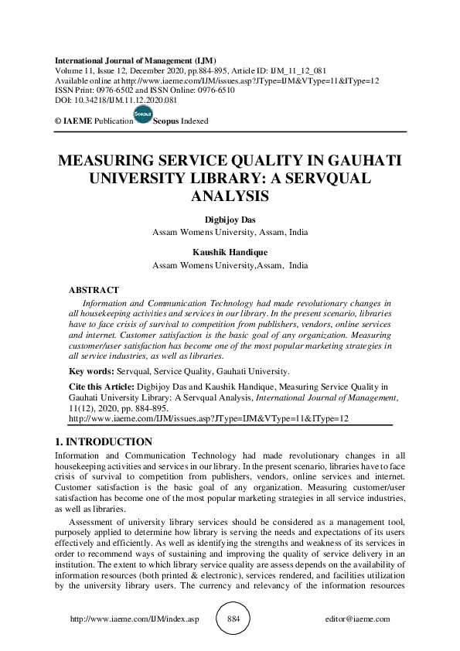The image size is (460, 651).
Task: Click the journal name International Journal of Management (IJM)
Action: click(x=135, y=60)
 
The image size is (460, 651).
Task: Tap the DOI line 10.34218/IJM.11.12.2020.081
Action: click(x=115, y=100)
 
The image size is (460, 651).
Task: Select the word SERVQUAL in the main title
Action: click(x=318, y=179)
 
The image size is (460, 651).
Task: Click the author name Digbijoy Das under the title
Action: click(x=230, y=220)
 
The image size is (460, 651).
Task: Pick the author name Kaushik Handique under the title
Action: click(x=230, y=252)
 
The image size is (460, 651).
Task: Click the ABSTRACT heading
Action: click(x=94, y=289)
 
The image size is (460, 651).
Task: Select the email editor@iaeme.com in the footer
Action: click(x=359, y=619)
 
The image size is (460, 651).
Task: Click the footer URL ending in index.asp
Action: click(x=135, y=619)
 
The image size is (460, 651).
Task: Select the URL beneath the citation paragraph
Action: click(x=209, y=418)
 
